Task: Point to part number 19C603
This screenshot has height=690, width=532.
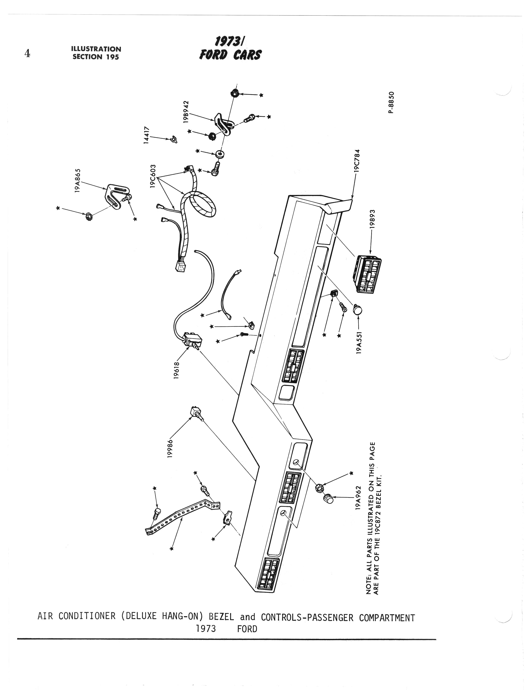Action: pyautogui.click(x=153, y=176)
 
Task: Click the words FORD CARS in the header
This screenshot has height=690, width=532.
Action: pyautogui.click(x=230, y=55)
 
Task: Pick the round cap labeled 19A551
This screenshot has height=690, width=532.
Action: pyautogui.click(x=357, y=310)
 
